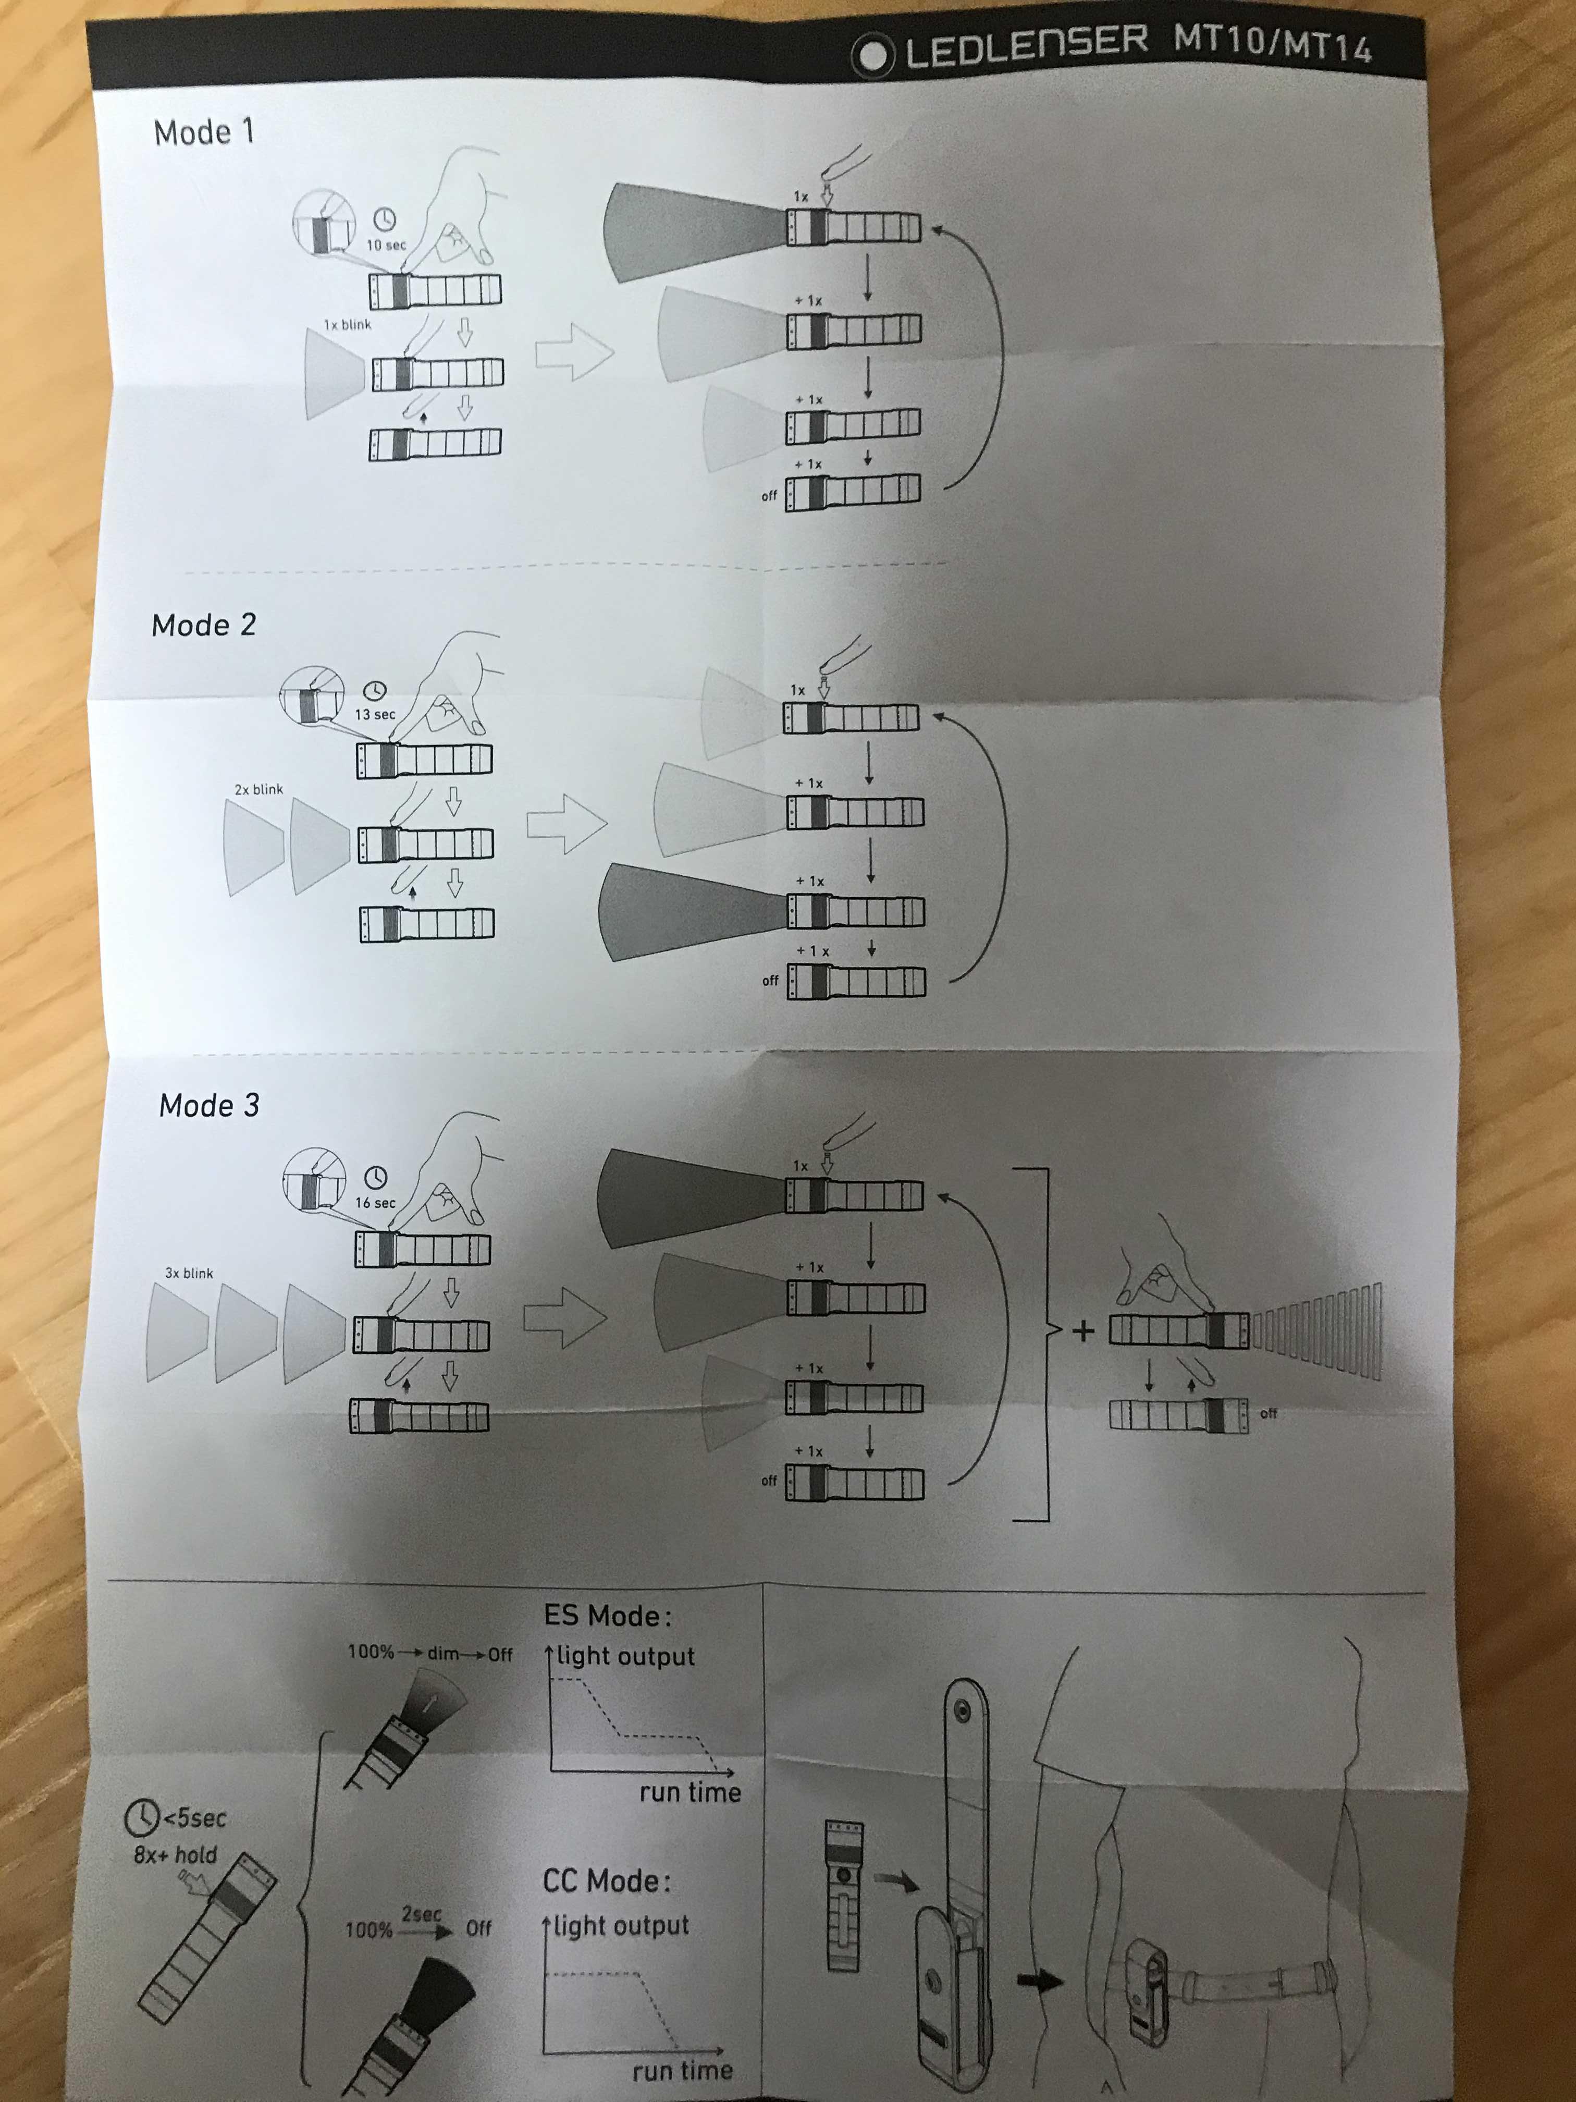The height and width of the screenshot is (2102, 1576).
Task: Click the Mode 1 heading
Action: point(204,132)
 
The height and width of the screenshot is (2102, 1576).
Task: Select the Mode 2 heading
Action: point(203,625)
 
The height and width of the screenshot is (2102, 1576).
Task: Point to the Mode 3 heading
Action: point(209,1105)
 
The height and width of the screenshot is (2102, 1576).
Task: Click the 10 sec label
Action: point(386,245)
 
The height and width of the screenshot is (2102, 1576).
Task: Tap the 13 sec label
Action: point(375,715)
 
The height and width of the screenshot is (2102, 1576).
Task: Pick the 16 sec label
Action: point(375,1203)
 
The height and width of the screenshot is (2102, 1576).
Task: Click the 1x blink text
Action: point(348,325)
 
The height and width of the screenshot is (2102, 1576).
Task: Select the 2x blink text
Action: point(258,790)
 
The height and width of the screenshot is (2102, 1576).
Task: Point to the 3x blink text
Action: point(189,1274)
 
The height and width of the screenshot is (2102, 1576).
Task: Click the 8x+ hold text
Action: point(176,1855)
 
